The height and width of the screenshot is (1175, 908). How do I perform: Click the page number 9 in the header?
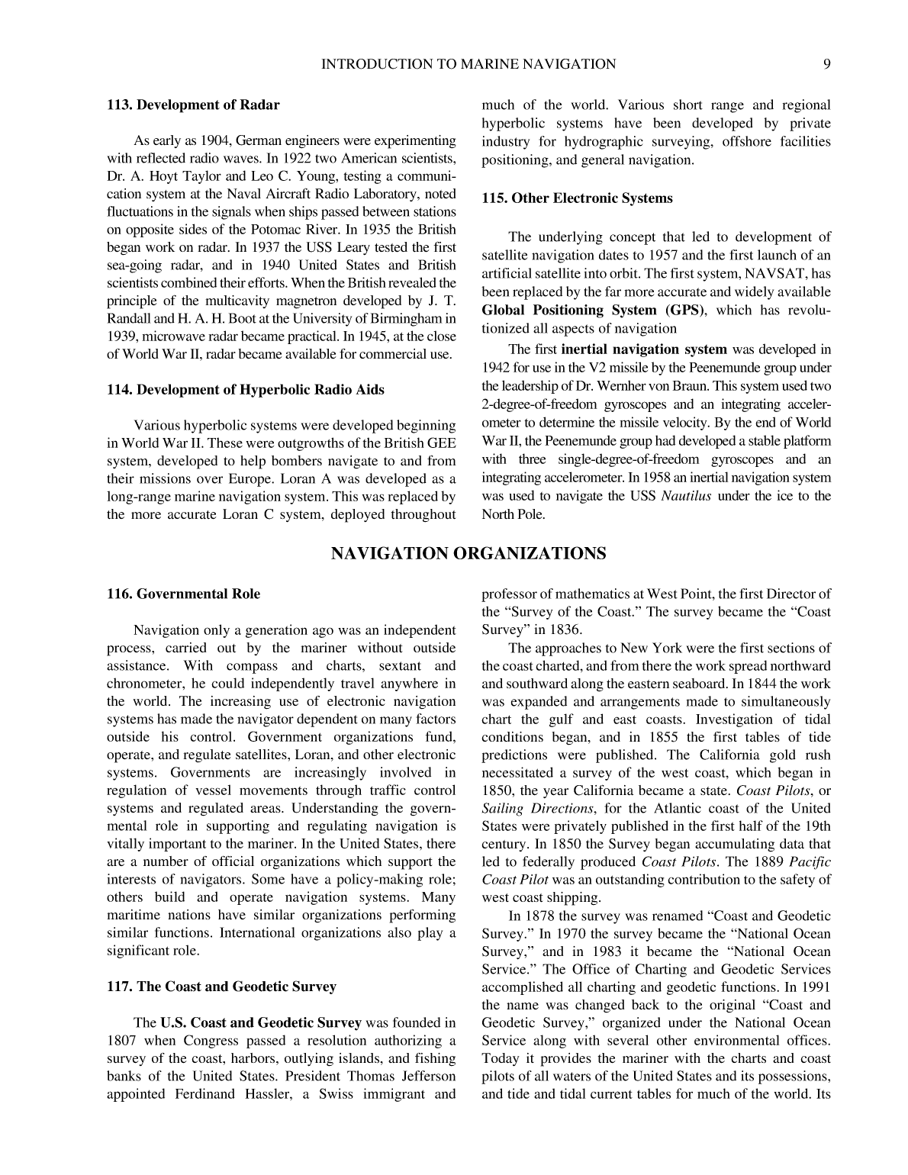pyautogui.click(x=827, y=65)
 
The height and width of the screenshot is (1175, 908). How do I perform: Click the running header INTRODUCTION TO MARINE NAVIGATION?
pyautogui.click(x=468, y=65)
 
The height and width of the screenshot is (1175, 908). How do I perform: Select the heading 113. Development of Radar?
pyautogui.click(x=193, y=105)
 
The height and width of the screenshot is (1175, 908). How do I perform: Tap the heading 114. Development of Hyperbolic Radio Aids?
pyautogui.click(x=245, y=390)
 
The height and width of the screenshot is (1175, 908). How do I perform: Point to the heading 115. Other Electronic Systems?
pyautogui.click(x=577, y=198)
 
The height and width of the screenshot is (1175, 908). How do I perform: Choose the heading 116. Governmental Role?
pyautogui.click(x=183, y=594)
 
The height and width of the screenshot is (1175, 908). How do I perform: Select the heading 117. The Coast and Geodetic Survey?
pyautogui.click(x=221, y=987)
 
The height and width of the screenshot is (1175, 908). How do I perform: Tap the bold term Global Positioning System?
pyautogui.click(x=569, y=311)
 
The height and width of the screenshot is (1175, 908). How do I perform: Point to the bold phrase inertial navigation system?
pyautogui.click(x=643, y=349)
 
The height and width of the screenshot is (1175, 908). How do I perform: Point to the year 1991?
pyautogui.click(x=814, y=987)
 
